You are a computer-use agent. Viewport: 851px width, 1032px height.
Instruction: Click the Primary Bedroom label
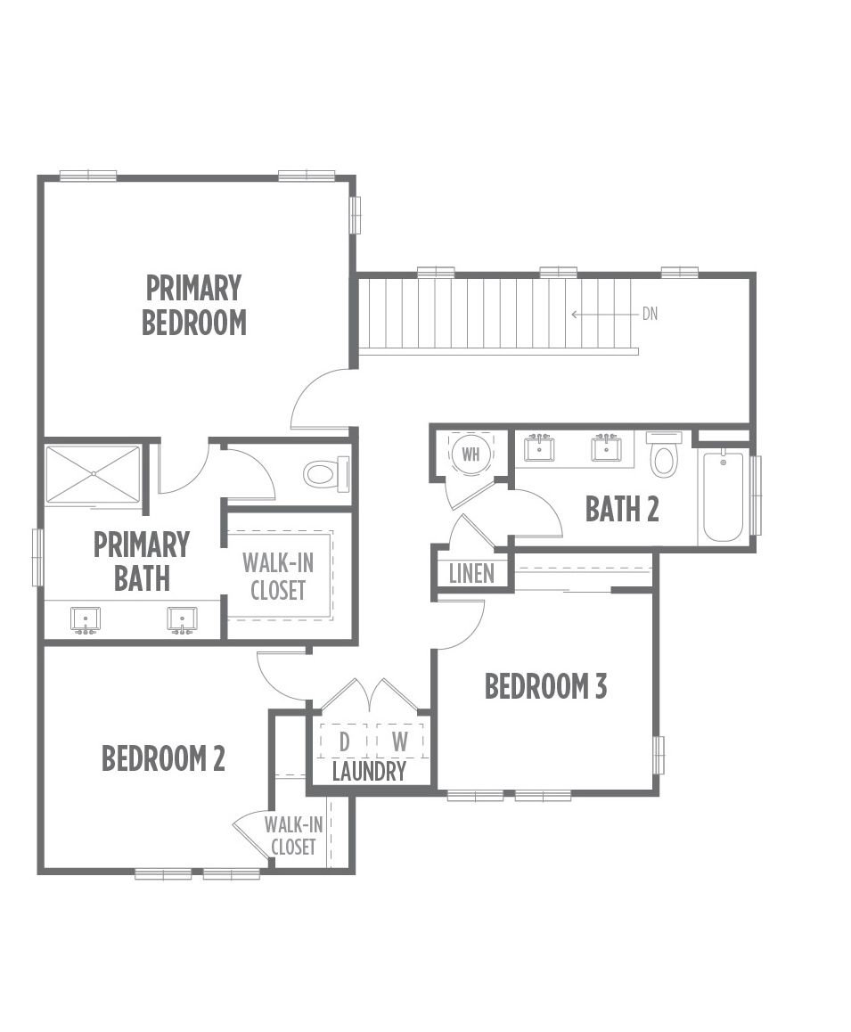[194, 306]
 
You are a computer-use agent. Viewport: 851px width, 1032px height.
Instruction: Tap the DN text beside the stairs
[650, 314]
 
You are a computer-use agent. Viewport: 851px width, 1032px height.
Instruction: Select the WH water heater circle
[471, 455]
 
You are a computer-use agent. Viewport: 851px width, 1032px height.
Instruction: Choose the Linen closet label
[471, 573]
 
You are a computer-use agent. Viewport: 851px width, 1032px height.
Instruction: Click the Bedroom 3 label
[545, 686]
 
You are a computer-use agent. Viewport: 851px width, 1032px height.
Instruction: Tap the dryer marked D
[344, 741]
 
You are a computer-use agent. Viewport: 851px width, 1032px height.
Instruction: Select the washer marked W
[399, 741]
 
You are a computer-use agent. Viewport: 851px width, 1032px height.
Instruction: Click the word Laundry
[369, 772]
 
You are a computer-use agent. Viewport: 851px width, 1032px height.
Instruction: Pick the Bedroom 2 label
[163, 758]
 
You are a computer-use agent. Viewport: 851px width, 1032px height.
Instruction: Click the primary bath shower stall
[94, 474]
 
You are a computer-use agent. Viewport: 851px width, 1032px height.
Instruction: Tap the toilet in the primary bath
[326, 472]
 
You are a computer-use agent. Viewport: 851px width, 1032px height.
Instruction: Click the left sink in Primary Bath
[86, 620]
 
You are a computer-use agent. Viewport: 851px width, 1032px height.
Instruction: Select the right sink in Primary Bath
[181, 620]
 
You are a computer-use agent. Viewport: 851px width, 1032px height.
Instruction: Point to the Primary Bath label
[142, 561]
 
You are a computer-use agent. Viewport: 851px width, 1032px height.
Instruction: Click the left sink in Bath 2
[539, 449]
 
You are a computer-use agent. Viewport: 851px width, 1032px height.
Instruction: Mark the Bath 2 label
[622, 509]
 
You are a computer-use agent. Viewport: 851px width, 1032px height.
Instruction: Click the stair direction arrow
[605, 315]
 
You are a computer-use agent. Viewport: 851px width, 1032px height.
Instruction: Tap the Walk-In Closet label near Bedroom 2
[293, 835]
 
